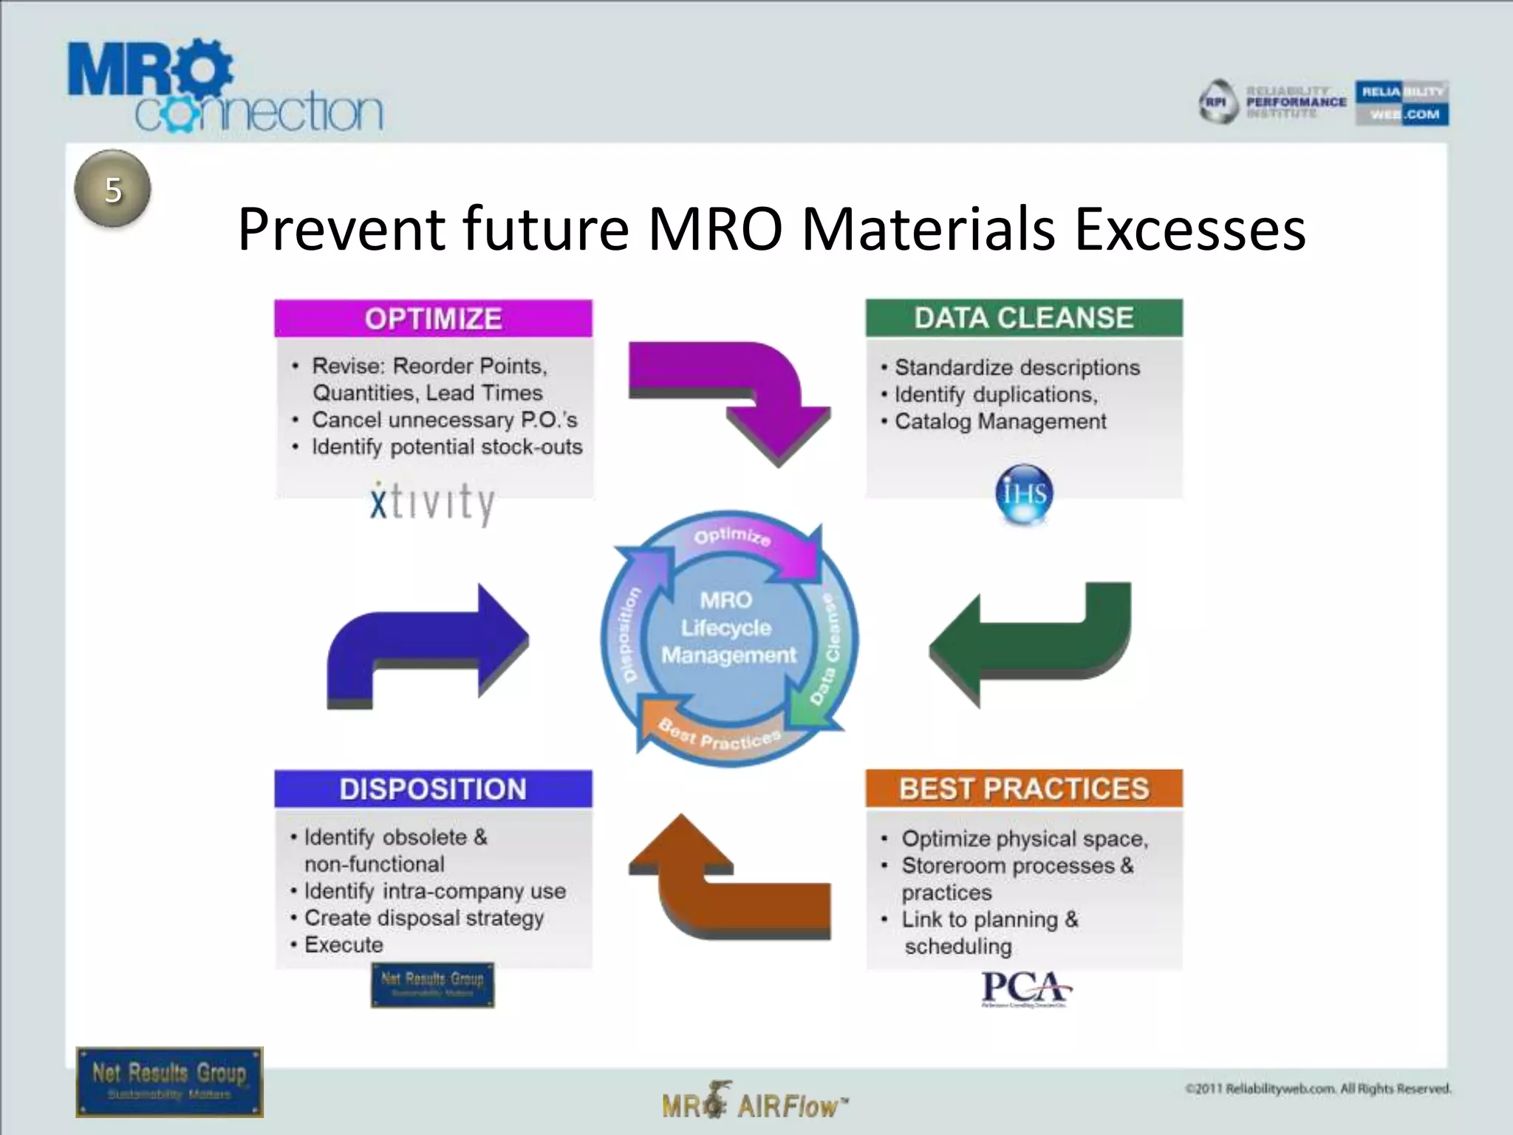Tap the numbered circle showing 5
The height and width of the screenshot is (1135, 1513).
click(x=112, y=189)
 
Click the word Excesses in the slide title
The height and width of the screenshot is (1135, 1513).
click(x=1189, y=229)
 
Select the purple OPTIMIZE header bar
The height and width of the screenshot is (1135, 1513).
click(x=433, y=318)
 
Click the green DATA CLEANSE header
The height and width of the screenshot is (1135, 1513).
click(x=1024, y=318)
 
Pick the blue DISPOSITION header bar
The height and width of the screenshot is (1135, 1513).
click(x=433, y=788)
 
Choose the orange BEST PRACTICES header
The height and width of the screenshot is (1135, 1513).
click(x=1024, y=788)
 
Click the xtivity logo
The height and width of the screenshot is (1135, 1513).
click(x=432, y=502)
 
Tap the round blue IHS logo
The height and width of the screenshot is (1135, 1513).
click(x=1024, y=493)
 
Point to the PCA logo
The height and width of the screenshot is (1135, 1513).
click(x=1025, y=989)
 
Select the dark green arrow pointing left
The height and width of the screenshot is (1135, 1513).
click(x=1034, y=643)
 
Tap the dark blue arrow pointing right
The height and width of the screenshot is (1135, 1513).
click(x=428, y=643)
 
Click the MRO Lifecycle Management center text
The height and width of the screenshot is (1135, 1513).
click(x=728, y=628)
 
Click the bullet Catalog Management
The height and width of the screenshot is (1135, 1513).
click(x=1000, y=422)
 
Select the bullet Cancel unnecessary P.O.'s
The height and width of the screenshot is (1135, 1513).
click(x=444, y=420)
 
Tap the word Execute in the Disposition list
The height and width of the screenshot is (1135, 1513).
click(x=344, y=944)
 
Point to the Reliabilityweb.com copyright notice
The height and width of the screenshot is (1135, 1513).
click(x=1318, y=1088)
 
